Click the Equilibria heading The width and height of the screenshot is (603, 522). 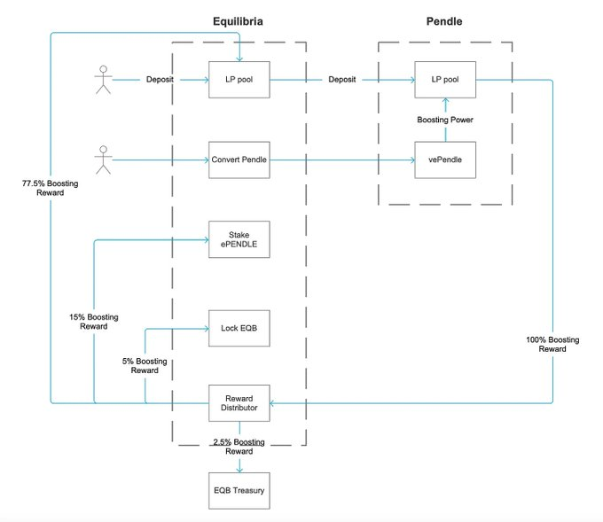238,21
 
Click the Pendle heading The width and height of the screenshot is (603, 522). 444,21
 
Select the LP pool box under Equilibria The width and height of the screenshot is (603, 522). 239,80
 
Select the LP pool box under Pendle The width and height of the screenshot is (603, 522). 445,80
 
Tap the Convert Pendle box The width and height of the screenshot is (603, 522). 239,160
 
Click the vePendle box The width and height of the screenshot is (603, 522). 445,160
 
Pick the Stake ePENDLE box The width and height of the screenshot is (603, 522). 239,239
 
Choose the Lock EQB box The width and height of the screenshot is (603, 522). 239,328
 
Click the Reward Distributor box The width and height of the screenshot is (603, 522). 239,403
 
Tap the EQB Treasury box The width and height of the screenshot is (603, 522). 239,491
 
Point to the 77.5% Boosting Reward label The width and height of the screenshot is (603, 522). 50,188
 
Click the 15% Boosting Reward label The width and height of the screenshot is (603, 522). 94,322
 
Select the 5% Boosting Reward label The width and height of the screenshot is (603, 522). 145,366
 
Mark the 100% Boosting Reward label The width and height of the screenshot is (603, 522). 552,345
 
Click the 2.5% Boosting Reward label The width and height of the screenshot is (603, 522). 239,447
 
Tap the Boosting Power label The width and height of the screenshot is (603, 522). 445,120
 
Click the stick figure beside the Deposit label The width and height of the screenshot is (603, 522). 103,80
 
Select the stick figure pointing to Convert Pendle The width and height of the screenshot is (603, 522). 103,160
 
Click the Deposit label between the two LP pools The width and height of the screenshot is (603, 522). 342,80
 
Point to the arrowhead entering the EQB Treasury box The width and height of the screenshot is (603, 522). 239,470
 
